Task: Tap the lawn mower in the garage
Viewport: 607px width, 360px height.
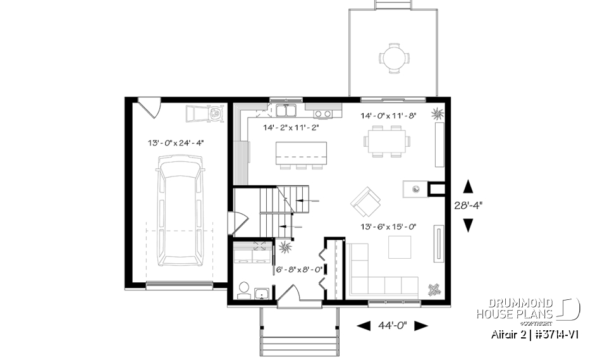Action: [205, 114]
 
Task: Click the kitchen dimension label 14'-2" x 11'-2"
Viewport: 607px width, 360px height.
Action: [290, 127]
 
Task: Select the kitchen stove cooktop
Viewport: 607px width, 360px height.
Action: [323, 114]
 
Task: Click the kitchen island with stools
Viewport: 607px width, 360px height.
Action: [302, 154]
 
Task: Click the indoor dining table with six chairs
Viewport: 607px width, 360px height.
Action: [386, 139]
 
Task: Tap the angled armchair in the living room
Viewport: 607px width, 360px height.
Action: [366, 201]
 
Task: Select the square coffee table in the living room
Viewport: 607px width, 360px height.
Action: [399, 247]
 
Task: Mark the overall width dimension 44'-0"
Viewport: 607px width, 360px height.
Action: [393, 326]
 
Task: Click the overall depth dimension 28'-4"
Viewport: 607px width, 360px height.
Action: [469, 206]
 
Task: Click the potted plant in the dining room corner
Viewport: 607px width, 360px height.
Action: [438, 114]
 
